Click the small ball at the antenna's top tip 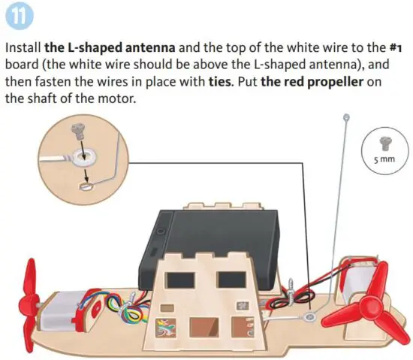coord(346,117)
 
